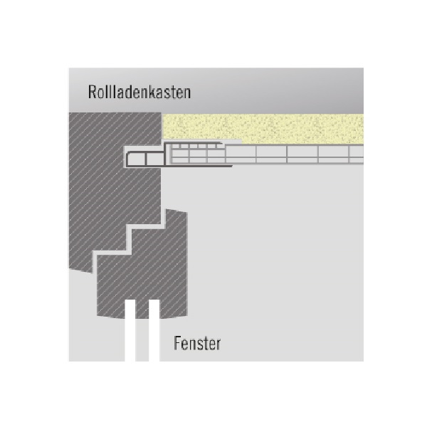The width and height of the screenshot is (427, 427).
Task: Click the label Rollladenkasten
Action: (x=139, y=92)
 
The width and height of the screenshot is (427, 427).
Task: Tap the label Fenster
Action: (x=197, y=344)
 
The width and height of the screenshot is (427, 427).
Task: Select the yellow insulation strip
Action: (x=263, y=128)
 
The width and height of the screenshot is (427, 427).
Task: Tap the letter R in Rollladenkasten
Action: (x=93, y=92)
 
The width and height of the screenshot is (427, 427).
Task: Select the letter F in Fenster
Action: (x=177, y=344)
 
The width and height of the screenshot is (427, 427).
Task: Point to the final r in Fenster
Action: (x=218, y=346)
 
